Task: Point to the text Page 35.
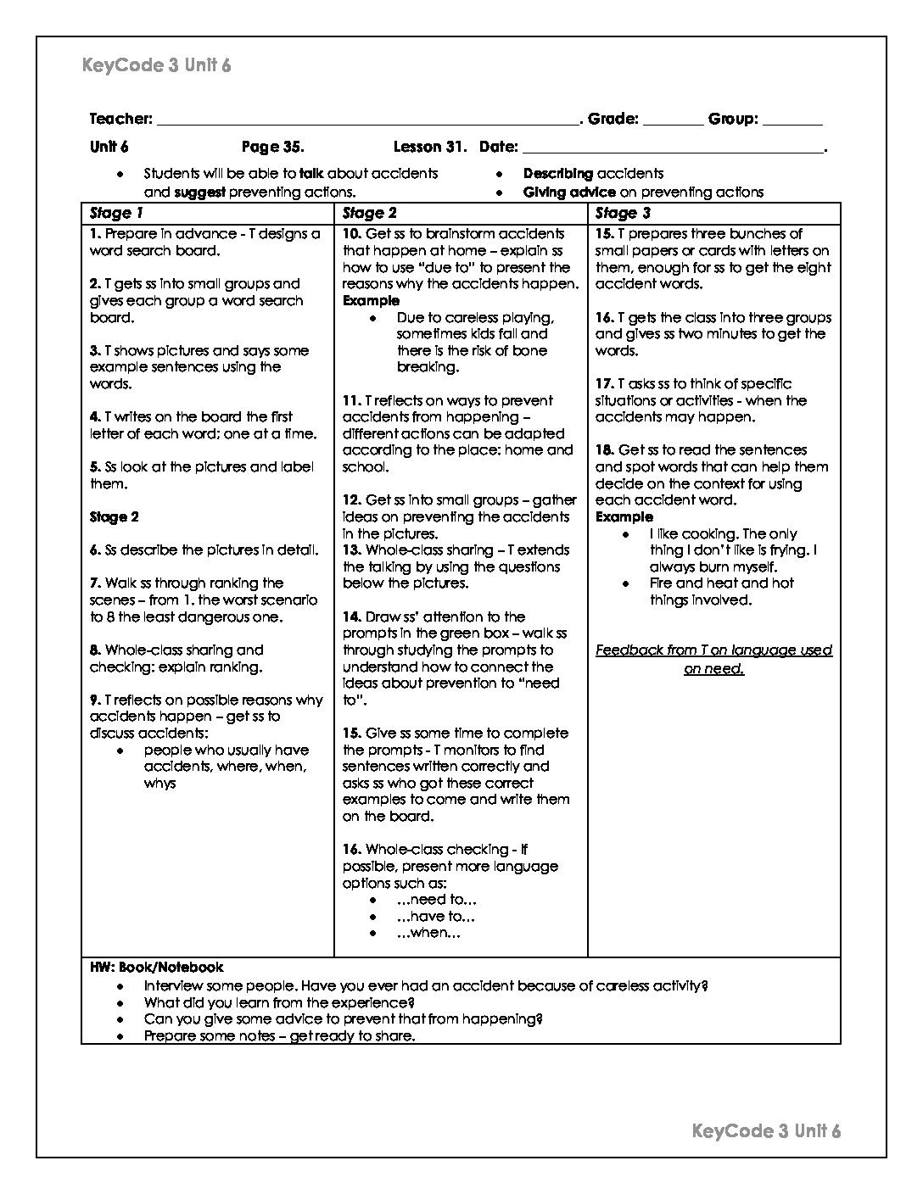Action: coord(272,147)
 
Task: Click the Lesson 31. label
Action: coord(430,147)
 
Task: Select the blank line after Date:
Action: coord(672,149)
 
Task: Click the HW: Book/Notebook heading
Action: coord(157,967)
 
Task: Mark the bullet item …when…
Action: coord(428,933)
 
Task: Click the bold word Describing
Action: coord(557,173)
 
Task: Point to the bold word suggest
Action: coord(199,192)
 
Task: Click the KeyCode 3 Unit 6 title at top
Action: coord(157,65)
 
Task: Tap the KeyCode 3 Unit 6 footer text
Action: coord(766,1130)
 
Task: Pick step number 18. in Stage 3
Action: coord(604,450)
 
